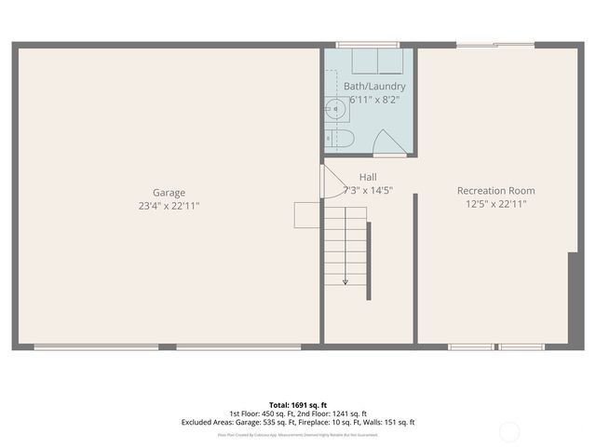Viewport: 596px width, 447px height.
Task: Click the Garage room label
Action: point(169,193)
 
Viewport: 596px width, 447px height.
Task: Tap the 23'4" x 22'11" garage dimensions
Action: point(169,206)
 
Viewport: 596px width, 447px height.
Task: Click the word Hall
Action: point(368,177)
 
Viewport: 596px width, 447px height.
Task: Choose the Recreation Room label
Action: point(495,191)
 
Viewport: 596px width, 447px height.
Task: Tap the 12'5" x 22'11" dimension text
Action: point(495,205)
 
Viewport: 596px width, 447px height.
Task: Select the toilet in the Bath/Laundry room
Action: point(339,139)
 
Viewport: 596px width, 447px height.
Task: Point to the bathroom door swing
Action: point(386,144)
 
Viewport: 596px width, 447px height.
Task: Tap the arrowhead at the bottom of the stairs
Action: point(345,281)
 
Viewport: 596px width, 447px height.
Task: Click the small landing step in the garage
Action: point(308,214)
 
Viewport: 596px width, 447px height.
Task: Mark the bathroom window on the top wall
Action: point(367,44)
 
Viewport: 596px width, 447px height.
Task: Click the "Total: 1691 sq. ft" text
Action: point(298,404)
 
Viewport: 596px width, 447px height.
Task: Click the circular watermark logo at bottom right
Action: point(509,431)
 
